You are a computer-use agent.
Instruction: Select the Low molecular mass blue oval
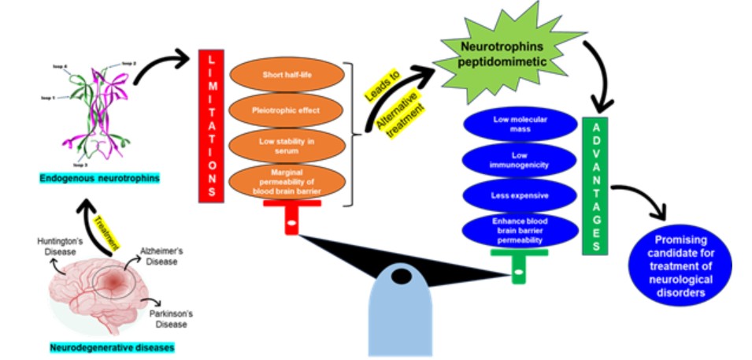pos(520,124)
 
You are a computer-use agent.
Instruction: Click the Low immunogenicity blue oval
pos(520,159)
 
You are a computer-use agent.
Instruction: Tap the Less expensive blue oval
pos(520,195)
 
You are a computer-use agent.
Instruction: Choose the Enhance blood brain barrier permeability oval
pos(520,229)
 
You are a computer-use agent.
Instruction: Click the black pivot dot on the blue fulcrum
pos(402,276)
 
